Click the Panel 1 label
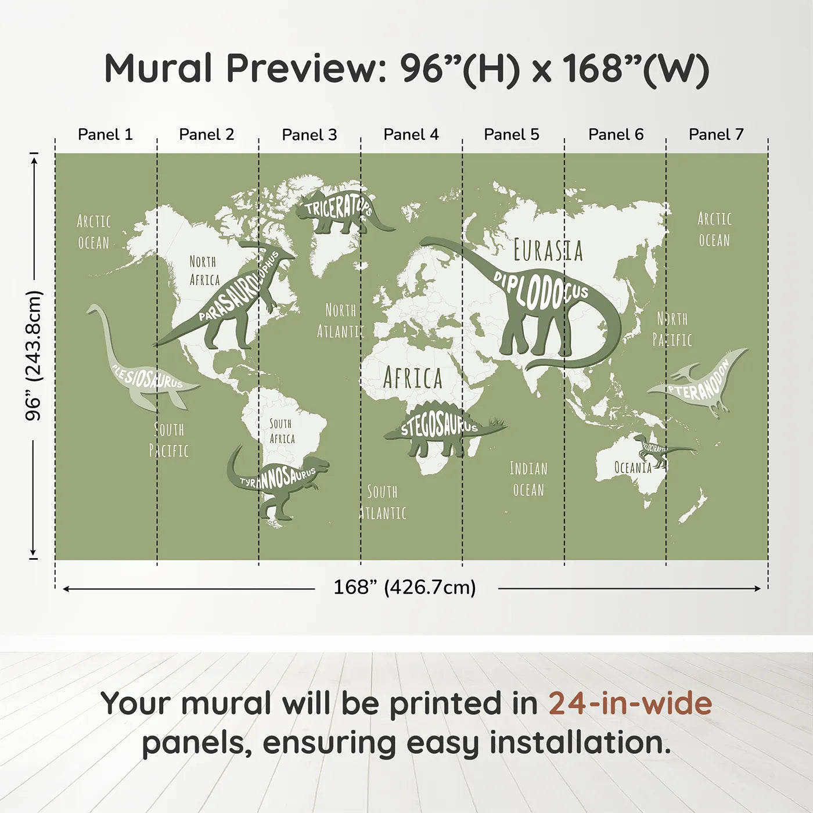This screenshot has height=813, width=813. coord(105,135)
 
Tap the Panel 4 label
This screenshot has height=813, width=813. coord(411,135)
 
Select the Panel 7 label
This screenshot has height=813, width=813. coord(715,135)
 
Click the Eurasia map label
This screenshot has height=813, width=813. coord(548,251)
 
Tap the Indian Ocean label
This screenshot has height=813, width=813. coord(528,479)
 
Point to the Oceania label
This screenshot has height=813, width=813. coord(632,467)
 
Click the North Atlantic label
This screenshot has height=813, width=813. coord(340,321)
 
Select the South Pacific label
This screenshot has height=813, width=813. coord(168,440)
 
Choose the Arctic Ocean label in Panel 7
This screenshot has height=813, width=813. coord(714,229)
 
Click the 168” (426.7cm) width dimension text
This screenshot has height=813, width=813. coord(404,588)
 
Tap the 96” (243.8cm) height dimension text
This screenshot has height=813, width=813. coord(34,355)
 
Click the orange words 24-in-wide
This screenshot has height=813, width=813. coord(630,703)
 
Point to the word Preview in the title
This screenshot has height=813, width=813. coord(302,69)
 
